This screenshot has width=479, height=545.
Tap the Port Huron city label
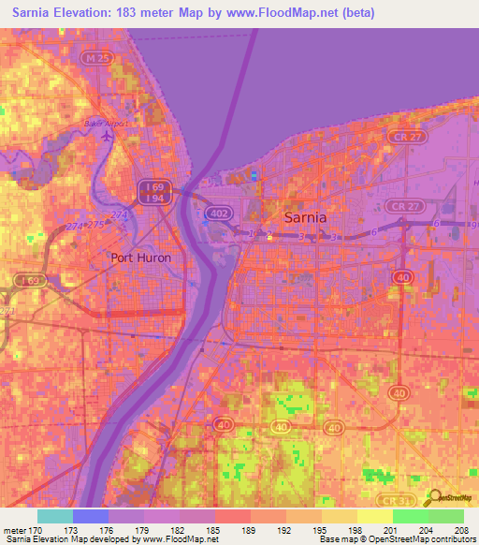[141, 258]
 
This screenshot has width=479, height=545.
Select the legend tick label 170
[38, 529]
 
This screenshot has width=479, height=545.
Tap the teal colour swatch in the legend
[55, 516]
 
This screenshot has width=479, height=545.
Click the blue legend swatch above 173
[91, 516]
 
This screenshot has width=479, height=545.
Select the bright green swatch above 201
[411, 516]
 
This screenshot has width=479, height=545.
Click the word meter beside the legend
[14, 529]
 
